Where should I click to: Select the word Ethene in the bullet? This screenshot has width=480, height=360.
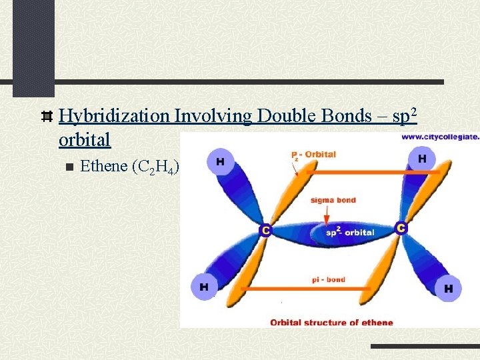coord(104,166)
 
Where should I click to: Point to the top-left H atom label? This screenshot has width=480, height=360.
coord(219,160)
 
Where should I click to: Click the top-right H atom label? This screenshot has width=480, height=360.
coord(422,159)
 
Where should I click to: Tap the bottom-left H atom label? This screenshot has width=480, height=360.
coord(203,287)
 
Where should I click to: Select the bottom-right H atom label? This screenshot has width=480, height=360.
coord(448,289)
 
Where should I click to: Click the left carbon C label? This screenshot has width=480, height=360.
coord(265,230)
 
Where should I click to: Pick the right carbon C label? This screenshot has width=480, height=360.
coord(401,228)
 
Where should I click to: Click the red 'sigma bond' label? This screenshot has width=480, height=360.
coord(333,200)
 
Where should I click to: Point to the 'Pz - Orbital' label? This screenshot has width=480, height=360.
coord(313,155)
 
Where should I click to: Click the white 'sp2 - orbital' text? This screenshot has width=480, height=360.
coord(349,233)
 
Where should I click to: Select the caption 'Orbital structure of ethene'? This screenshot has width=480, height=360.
coord(331,323)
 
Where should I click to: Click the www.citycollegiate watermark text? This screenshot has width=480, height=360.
coord(439,137)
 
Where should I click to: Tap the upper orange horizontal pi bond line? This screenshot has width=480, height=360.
coord(367,172)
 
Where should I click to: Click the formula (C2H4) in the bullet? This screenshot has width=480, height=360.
coord(157,167)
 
